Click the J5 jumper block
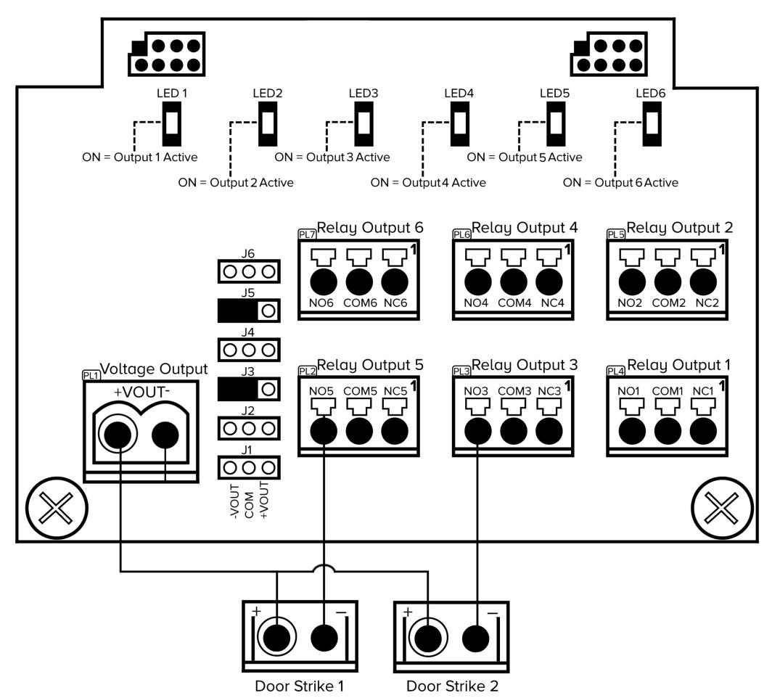pyautogui.click(x=248, y=311)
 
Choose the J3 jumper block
pyautogui.click(x=248, y=389)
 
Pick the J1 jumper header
pyautogui.click(x=248, y=467)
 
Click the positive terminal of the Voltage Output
pyautogui.click(x=119, y=435)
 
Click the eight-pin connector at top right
pyautogui.click(x=600, y=55)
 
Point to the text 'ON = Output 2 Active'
pyautogui.click(x=236, y=183)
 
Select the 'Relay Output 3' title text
pyautogui.click(x=520, y=365)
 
